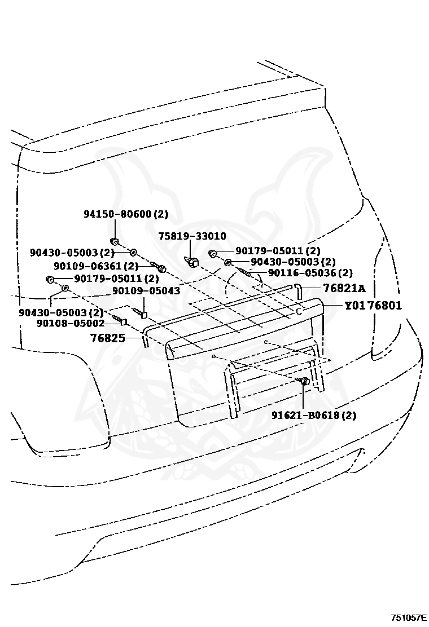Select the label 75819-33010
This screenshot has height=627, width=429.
[191, 236]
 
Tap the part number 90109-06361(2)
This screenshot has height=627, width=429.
[96, 266]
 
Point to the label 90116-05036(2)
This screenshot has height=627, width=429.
[310, 273]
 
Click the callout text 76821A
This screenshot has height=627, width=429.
[344, 289]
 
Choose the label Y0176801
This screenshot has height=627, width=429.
[373, 306]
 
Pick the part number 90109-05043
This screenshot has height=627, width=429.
[146, 291]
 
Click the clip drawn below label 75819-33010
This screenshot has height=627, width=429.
[192, 261]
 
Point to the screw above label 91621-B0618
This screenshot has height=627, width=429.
[304, 382]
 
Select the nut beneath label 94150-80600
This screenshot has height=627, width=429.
[114, 242]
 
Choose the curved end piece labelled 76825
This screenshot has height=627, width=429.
[145, 340]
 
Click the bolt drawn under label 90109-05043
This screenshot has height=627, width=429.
[140, 311]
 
